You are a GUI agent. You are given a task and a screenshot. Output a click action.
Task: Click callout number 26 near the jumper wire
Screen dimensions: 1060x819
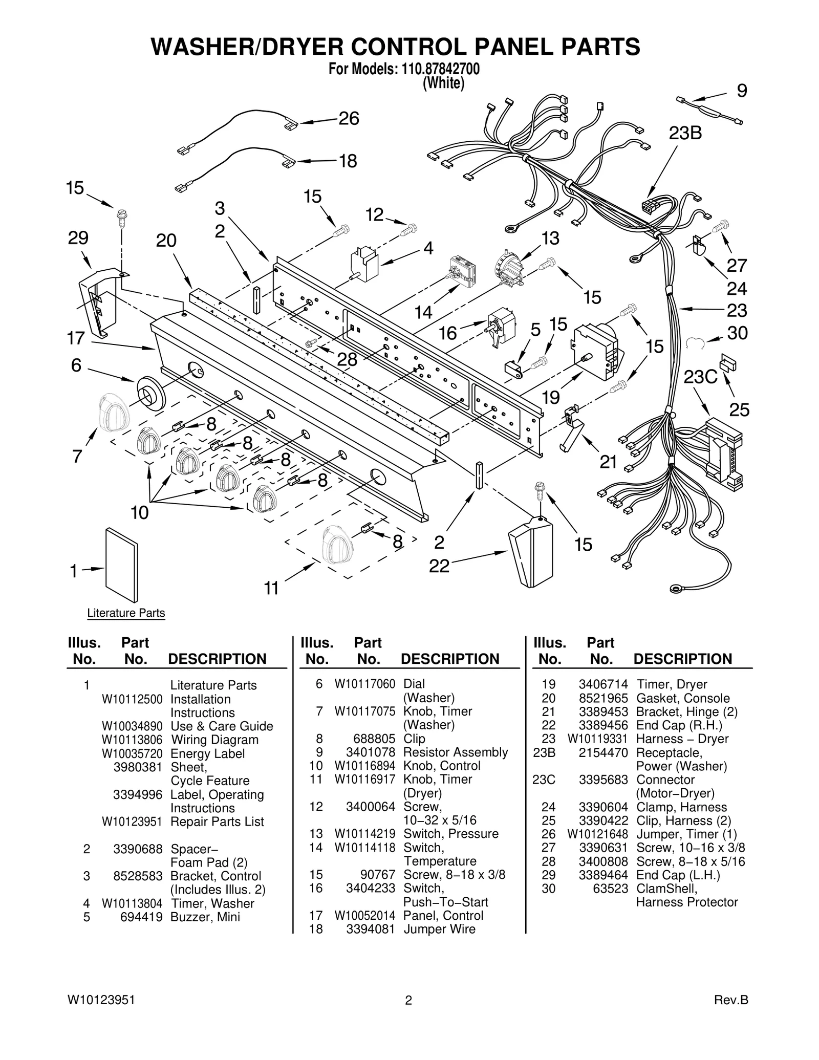coord(349,119)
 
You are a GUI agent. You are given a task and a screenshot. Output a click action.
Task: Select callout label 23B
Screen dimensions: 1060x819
coord(685,133)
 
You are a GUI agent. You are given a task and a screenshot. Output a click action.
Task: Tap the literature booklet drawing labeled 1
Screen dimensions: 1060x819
coord(121,565)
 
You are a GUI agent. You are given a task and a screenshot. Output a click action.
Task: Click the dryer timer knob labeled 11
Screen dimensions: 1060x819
coord(336,545)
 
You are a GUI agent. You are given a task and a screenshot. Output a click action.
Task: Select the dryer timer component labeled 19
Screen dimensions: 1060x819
coord(596,347)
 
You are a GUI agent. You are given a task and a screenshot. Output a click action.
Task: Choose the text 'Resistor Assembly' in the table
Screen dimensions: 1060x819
coord(455,752)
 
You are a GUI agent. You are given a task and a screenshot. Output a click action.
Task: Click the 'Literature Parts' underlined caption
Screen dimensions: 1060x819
coord(126,613)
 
